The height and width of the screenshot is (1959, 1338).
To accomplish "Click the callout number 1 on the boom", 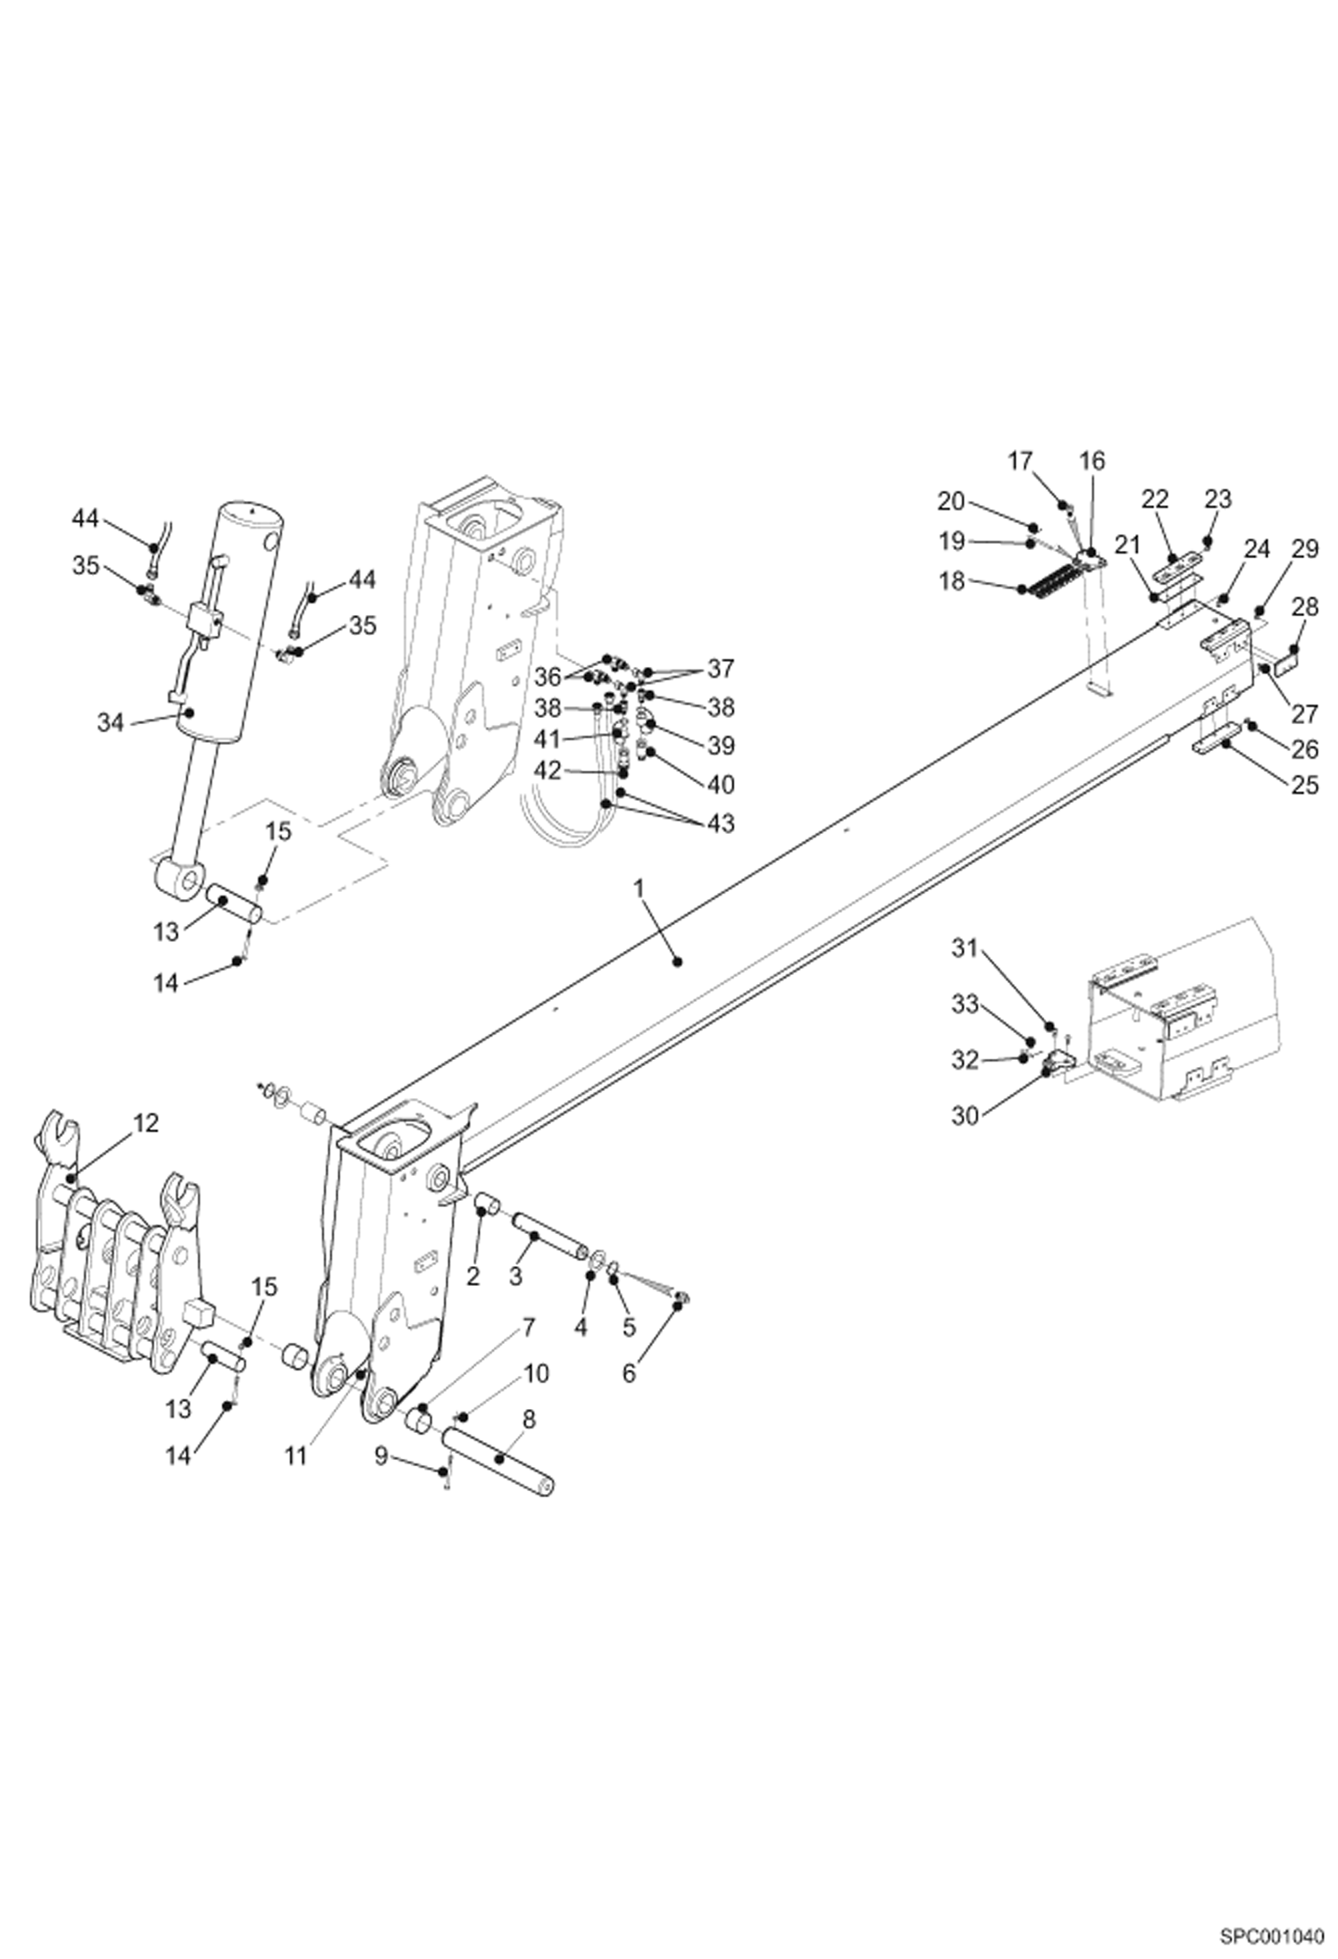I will [639, 888].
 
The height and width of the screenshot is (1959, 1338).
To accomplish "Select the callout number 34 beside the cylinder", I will [110, 722].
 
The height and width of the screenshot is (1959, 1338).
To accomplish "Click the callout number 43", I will [720, 822].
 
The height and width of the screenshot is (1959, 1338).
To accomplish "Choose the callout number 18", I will [952, 581].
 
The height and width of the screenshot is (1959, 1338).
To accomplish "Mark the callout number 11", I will [296, 1455].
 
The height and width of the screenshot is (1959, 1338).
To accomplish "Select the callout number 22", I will [1156, 499].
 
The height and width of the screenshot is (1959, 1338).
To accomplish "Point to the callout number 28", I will [1304, 607].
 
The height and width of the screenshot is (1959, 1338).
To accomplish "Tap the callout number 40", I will [720, 784].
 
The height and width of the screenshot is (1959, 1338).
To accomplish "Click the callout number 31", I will [965, 947].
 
